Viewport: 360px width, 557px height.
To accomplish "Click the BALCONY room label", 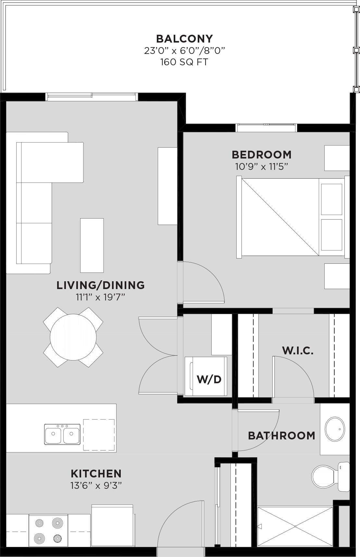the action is (184, 39).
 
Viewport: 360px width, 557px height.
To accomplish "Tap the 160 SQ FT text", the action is (184, 62).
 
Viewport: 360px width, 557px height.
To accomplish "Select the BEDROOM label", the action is (262, 154).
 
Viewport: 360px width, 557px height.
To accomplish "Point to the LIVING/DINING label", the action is (100, 285).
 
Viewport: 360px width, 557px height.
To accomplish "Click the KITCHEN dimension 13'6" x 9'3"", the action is (96, 486).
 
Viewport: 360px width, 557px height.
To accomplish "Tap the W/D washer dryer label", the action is (209, 379).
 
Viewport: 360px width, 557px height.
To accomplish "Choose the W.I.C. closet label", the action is (298, 350).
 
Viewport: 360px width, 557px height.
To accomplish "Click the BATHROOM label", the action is (281, 436).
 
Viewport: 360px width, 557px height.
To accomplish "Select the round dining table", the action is (73, 337).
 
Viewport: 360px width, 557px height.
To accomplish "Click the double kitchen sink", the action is (62, 434).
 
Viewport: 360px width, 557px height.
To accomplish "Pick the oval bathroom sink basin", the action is (335, 429).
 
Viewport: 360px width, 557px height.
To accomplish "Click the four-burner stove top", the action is (48, 530).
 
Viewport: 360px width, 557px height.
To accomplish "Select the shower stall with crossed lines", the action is (295, 526).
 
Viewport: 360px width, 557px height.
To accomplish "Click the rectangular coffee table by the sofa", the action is (92, 245).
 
